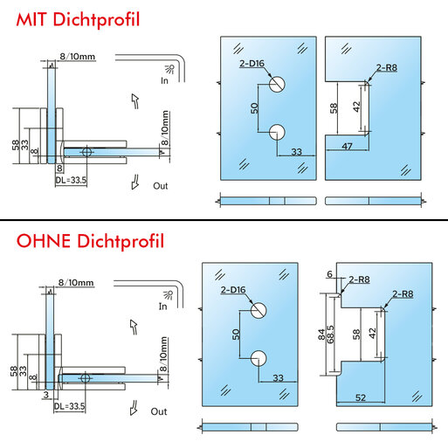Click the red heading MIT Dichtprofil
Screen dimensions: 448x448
(x=78, y=20)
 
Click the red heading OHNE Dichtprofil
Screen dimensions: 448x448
(x=90, y=241)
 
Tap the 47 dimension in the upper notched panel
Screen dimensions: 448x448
(x=347, y=146)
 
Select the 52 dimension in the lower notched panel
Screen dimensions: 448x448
(x=361, y=397)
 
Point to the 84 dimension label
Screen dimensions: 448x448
(x=321, y=334)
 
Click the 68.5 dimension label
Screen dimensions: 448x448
(x=330, y=334)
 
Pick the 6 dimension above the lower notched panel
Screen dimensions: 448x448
(x=329, y=274)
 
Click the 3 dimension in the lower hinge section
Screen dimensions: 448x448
(x=46, y=395)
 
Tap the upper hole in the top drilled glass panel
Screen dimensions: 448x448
(x=277, y=85)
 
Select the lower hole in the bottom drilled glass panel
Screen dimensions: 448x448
(x=258, y=358)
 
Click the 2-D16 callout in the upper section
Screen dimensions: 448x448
(x=252, y=64)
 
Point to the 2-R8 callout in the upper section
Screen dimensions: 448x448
(x=387, y=68)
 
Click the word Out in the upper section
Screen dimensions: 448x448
(x=161, y=186)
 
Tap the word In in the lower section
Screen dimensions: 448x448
(x=163, y=307)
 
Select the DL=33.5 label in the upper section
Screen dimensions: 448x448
(x=71, y=180)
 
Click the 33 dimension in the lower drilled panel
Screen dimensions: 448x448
(x=279, y=378)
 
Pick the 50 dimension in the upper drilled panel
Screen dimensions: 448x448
(x=254, y=108)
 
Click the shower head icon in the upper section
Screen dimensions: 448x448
(x=170, y=69)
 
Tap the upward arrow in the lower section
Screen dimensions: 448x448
(x=134, y=327)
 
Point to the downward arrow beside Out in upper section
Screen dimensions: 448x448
(x=135, y=183)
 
